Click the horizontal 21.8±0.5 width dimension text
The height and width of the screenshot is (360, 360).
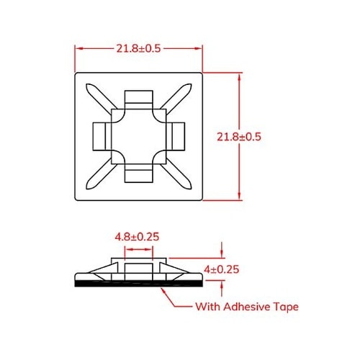(x=138, y=48)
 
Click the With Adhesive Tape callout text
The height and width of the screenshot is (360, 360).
(x=247, y=307)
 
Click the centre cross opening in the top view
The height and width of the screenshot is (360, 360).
(x=138, y=135)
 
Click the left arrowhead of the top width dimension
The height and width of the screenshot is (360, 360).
(x=78, y=48)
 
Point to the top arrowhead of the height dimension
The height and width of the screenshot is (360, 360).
(x=238, y=75)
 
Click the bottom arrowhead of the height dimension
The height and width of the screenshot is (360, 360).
(x=238, y=196)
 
